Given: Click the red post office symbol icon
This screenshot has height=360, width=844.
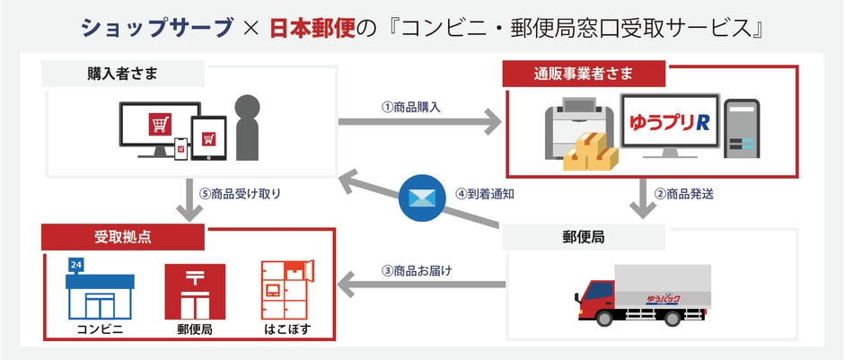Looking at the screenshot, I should tap(195, 289).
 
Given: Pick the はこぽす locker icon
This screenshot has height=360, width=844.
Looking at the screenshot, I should tap(288, 289).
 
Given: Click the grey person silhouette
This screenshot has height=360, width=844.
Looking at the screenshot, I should tap(245, 127).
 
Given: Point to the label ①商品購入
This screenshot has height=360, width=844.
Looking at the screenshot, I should tap(411, 106).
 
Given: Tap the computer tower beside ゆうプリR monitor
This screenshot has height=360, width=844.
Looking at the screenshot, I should tap(743, 127).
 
